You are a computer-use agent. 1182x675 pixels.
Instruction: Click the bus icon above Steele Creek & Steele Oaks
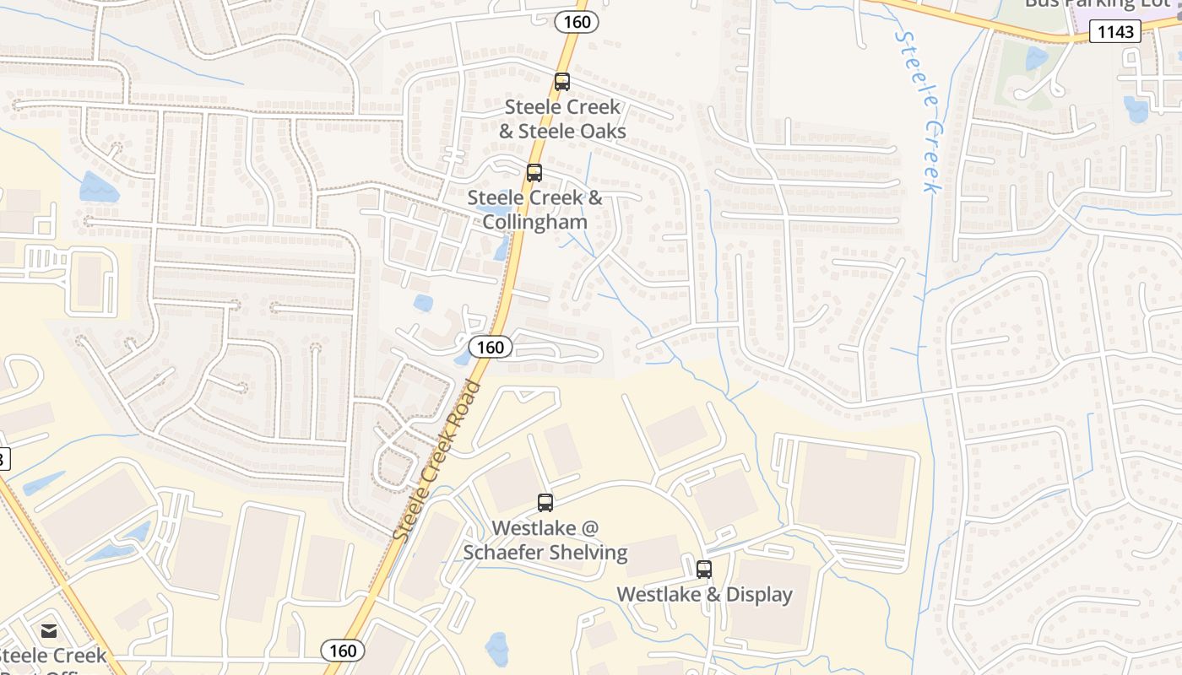click(x=561, y=82)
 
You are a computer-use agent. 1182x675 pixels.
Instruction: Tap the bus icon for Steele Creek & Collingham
click(x=534, y=173)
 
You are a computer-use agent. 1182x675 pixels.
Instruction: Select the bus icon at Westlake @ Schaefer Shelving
click(x=545, y=503)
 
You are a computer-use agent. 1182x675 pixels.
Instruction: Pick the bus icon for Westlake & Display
click(x=704, y=570)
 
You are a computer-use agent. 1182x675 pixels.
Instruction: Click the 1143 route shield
click(x=1114, y=32)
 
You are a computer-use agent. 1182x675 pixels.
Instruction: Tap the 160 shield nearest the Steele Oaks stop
click(x=577, y=22)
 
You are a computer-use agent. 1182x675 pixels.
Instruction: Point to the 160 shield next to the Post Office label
click(x=343, y=651)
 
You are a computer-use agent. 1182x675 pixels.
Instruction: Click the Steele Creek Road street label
click(x=436, y=461)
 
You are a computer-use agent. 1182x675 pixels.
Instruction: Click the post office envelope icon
click(x=49, y=630)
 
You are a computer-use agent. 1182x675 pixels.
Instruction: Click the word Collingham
click(x=534, y=222)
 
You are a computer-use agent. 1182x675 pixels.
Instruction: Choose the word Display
click(x=760, y=595)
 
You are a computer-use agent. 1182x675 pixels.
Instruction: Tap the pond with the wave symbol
click(x=100, y=187)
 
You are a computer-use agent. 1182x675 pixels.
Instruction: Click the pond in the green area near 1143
click(x=1036, y=57)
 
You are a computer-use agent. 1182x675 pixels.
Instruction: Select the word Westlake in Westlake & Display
click(x=659, y=595)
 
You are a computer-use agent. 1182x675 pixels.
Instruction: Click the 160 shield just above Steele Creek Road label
click(x=490, y=347)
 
